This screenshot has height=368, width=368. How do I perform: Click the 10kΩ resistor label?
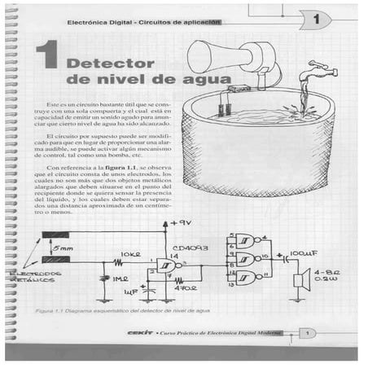(130, 254)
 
